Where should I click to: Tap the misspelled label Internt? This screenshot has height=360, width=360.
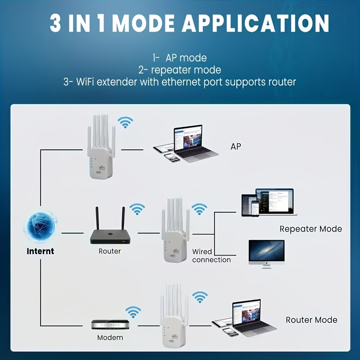click(40, 251)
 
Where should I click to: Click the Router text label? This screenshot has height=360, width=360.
click(110, 251)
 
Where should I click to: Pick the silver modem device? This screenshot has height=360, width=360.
click(110, 325)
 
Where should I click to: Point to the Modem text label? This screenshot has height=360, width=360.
click(110, 337)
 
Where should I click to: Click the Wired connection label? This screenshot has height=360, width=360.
click(211, 256)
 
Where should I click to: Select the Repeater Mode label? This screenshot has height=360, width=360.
click(310, 229)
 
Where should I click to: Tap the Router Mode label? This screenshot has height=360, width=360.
click(311, 320)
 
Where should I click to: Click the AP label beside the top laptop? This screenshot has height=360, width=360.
click(235, 147)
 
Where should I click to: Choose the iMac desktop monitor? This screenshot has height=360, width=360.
click(266, 253)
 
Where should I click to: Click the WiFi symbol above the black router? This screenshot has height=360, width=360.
click(137, 209)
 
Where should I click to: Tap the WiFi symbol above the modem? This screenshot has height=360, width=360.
click(133, 311)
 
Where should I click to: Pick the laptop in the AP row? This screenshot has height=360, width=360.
click(195, 143)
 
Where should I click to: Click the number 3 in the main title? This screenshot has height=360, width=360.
click(55, 23)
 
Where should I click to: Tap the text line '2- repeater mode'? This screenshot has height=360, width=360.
click(180, 70)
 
